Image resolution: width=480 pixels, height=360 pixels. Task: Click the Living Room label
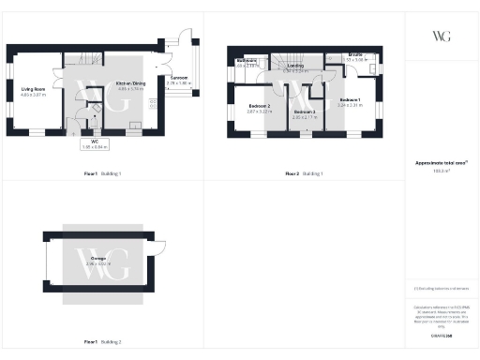pyautogui.click(x=34, y=90)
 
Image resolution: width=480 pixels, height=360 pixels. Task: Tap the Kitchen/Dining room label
pyautogui.click(x=130, y=83)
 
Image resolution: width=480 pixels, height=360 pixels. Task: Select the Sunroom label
pyautogui.click(x=176, y=81)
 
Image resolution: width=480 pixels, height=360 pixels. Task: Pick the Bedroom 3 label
pyautogui.click(x=303, y=112)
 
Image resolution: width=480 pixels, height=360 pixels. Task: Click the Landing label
pyautogui.click(x=295, y=66)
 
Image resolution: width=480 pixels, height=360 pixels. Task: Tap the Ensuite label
pyautogui.click(x=354, y=56)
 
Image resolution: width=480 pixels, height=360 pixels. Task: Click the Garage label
pyautogui.click(x=98, y=259)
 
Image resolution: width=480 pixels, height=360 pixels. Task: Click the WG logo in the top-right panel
pyautogui.click(x=440, y=37)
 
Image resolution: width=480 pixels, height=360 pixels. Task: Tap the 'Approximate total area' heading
pyautogui.click(x=440, y=163)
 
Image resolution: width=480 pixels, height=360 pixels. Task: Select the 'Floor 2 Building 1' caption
pyautogui.click(x=304, y=174)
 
